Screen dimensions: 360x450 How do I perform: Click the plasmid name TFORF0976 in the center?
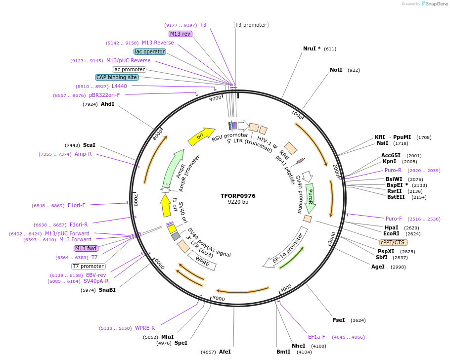pos(238,196)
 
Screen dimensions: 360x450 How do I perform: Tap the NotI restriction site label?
pos(336,70)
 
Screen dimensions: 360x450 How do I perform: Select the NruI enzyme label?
pos(309,48)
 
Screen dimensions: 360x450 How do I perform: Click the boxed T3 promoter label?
pos(251,25)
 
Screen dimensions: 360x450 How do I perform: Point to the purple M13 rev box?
pos(180,34)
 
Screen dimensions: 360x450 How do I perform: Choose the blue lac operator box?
pos(149,51)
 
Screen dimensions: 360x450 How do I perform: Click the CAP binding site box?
pos(117,77)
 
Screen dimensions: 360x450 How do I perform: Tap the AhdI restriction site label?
pos(107,104)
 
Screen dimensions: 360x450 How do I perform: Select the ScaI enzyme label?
pos(89,145)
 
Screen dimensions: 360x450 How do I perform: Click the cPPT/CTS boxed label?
pos(393,242)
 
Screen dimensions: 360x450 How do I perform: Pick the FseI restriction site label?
pos(339,320)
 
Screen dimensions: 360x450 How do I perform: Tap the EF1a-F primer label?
pos(316,337)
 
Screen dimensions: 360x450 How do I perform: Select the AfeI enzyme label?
pos(225,352)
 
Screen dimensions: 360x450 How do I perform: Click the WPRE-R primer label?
pos(145,328)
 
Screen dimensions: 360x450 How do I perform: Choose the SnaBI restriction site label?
pos(107,290)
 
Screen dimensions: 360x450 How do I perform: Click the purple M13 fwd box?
pos(86,248)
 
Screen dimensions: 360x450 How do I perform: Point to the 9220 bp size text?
pos(238,202)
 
